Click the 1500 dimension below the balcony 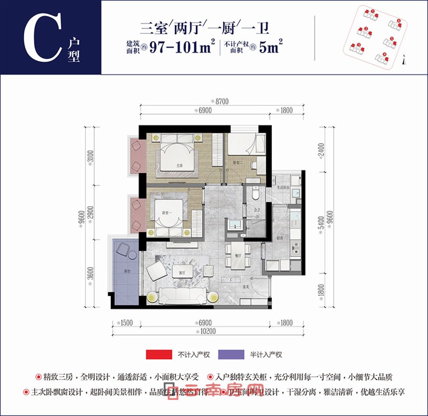point(126,323)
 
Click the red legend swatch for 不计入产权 point(156,354)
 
